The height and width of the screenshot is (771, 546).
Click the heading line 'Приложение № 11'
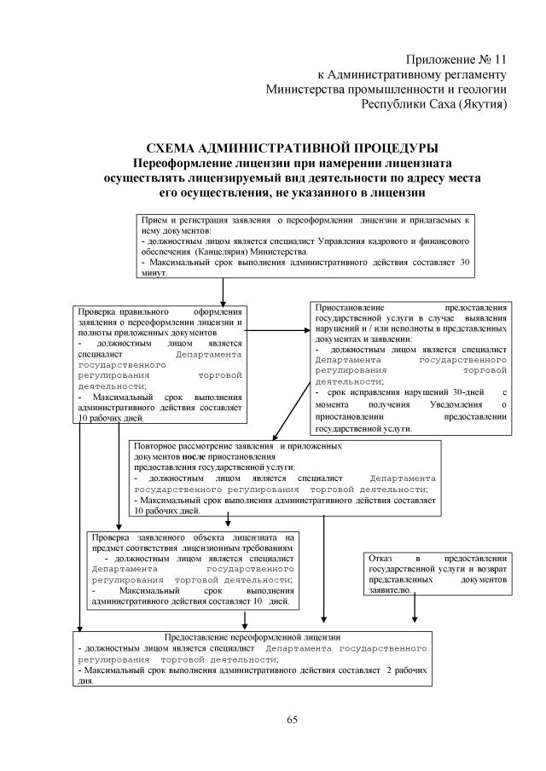pos(457,60)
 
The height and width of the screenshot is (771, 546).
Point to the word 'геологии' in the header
pos(482,89)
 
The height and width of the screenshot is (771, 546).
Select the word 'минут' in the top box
pos(154,275)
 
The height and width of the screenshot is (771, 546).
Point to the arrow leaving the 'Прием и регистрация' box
pos(223,292)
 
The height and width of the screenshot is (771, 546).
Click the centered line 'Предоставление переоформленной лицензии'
pos(253,637)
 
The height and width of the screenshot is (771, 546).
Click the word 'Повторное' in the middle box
pos(160,445)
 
